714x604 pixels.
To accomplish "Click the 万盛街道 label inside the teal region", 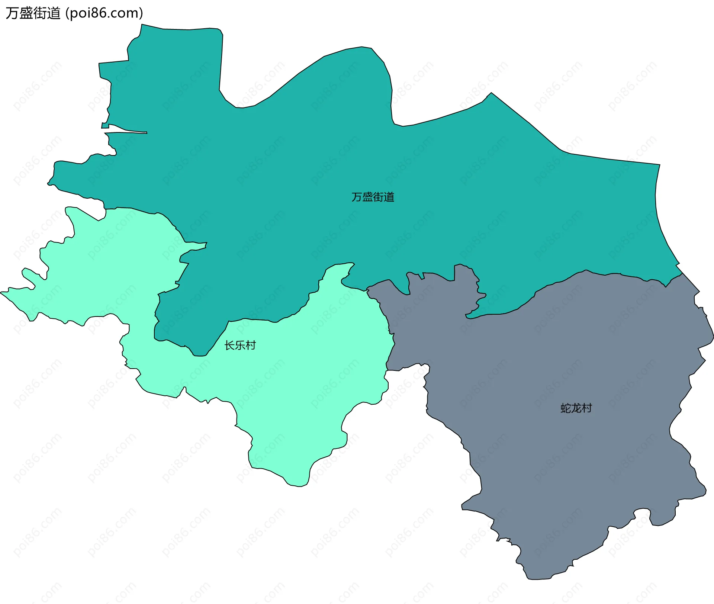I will (373, 197).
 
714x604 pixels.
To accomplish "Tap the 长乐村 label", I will (240, 345).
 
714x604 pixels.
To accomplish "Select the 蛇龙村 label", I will (576, 408).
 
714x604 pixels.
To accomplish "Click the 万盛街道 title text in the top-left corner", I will (33, 13).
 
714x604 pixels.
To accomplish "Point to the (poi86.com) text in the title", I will (104, 13).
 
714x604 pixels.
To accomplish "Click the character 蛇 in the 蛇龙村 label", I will (566, 408).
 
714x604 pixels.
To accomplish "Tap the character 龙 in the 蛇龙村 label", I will (576, 408).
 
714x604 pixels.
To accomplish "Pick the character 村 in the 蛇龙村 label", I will (586, 408).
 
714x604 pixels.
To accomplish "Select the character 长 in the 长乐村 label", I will (229, 345).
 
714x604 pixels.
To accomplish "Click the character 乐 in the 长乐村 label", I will (240, 345).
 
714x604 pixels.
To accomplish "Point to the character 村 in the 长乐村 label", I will (251, 345).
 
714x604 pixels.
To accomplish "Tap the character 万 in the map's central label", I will (357, 197).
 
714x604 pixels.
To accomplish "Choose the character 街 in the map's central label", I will (378, 197).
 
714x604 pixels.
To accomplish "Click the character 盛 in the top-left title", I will (26, 13).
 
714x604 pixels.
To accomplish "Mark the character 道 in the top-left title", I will (54, 13).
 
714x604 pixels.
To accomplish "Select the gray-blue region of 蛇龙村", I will (558, 465).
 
